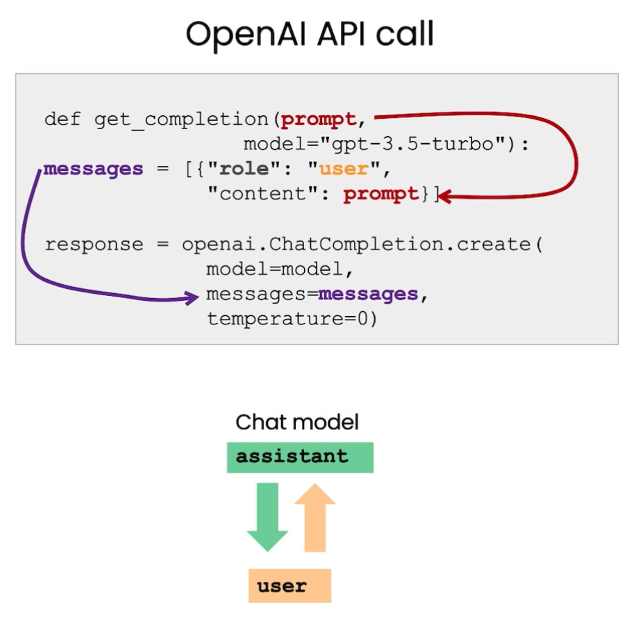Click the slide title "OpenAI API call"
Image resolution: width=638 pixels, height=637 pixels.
[x=310, y=35]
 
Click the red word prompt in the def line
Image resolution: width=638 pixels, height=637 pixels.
[x=319, y=119]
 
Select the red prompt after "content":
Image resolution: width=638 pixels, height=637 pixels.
[x=381, y=194]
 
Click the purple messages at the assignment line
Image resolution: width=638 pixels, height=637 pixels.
[x=93, y=169]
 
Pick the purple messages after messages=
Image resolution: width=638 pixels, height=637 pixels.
[x=368, y=294]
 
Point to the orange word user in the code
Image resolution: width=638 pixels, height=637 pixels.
[x=344, y=169]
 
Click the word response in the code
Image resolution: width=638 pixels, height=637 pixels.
[x=94, y=245]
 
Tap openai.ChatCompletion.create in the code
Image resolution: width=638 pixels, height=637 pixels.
[x=356, y=245]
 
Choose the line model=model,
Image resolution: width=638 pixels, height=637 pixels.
[x=279, y=270]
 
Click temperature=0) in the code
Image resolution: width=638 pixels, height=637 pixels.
[x=292, y=319]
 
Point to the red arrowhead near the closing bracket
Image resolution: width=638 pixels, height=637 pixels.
[x=444, y=197]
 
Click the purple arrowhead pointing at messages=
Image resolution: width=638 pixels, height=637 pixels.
[x=192, y=297]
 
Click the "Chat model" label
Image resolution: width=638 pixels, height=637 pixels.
[x=297, y=422]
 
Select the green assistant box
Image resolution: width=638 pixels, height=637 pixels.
[x=300, y=458]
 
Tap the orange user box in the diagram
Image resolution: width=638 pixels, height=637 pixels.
[x=289, y=586]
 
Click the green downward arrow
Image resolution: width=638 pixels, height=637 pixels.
[x=267, y=517]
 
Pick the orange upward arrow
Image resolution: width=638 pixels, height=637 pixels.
[x=315, y=517]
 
